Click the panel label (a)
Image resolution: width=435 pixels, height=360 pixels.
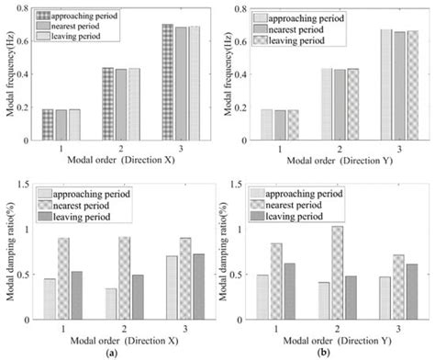(111, 353)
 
